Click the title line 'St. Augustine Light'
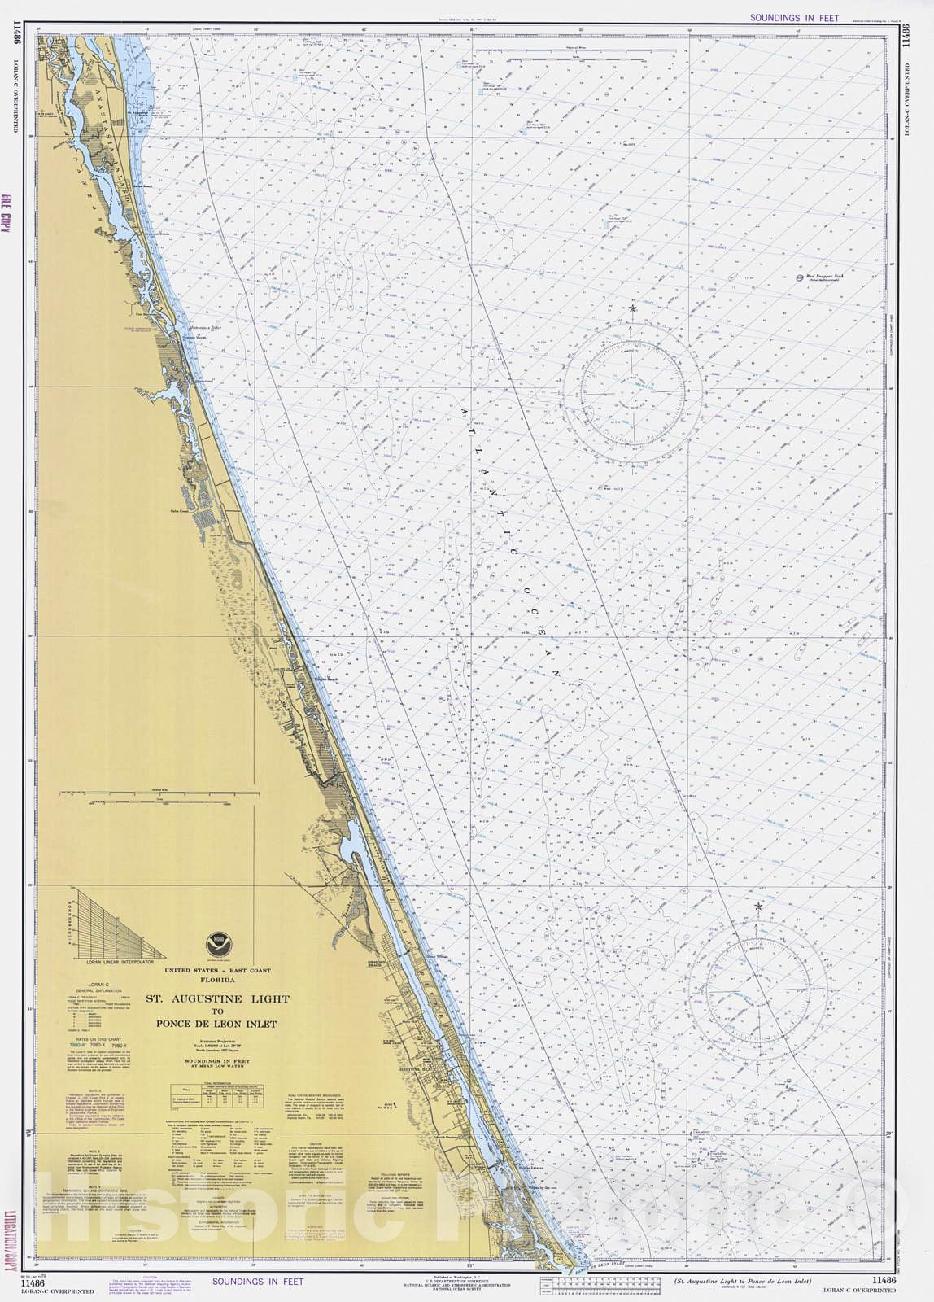point(217,998)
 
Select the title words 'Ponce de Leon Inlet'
point(216,1025)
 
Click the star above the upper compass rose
point(633,309)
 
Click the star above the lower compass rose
point(758,907)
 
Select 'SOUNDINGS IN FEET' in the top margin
point(783,17)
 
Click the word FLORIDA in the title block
point(217,981)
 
